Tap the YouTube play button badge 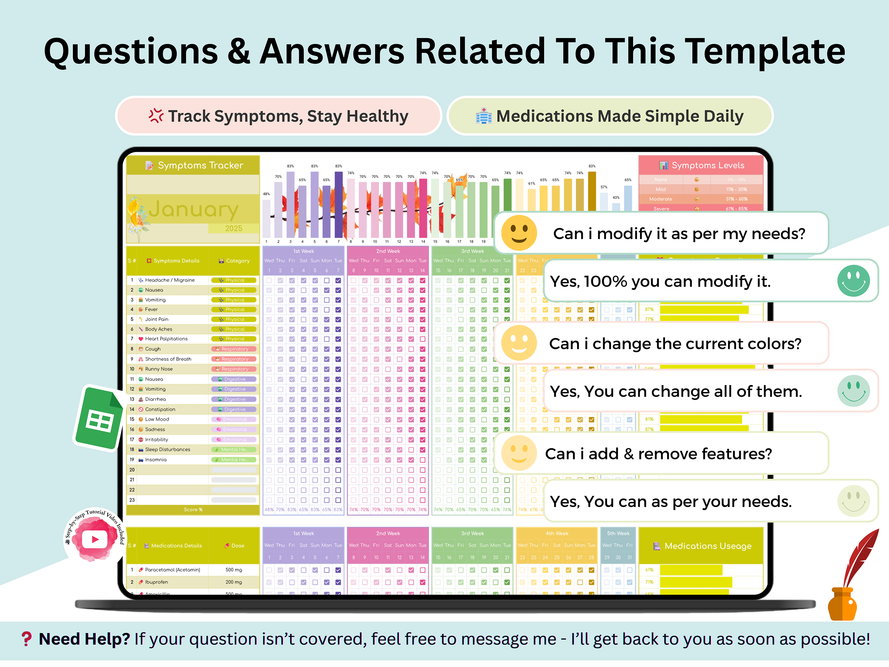click(95, 539)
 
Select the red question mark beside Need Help click(27, 639)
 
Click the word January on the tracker click(194, 210)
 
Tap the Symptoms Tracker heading click(200, 165)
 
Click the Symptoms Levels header click(707, 165)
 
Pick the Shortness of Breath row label click(168, 359)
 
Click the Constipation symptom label click(160, 409)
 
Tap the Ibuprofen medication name click(156, 582)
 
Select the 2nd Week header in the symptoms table click(388, 251)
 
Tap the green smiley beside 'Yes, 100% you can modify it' click(853, 281)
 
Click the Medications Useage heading click(707, 546)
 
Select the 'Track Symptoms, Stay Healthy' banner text click(288, 116)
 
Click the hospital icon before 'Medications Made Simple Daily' click(484, 116)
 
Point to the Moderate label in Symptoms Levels click(660, 199)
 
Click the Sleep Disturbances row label click(167, 450)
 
